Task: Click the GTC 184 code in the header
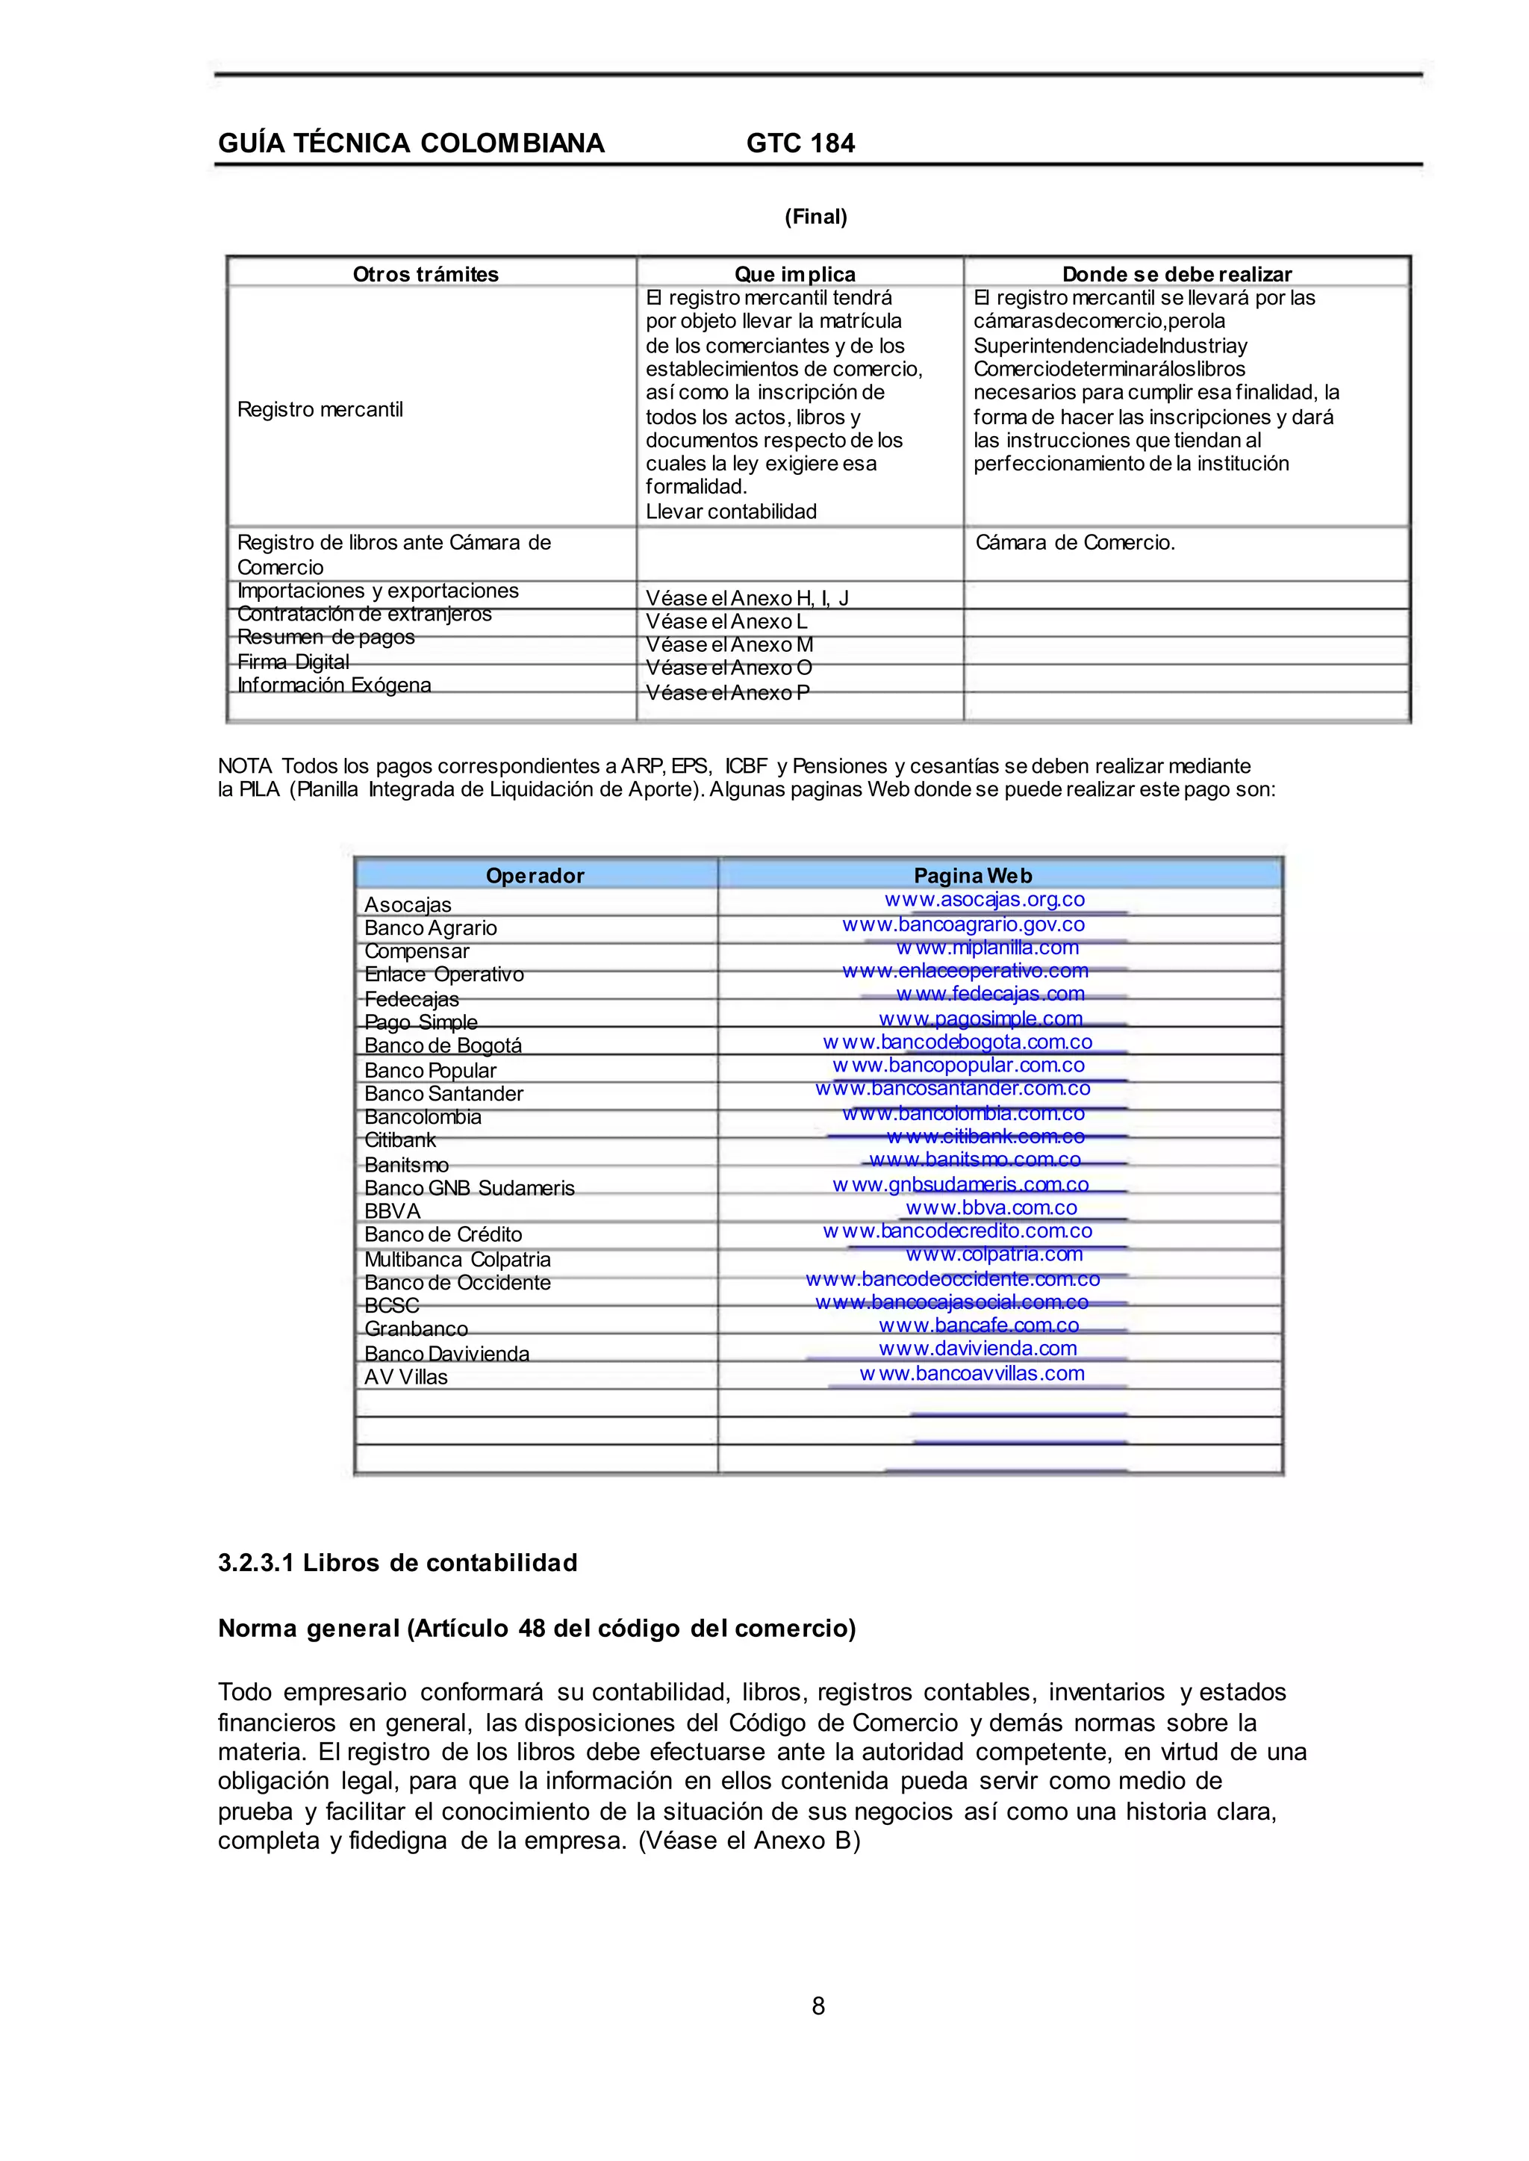tap(800, 143)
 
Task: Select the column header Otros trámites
tap(426, 274)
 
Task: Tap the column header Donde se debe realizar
tap(1176, 274)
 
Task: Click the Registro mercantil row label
tap(320, 410)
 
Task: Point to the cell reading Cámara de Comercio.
tap(1075, 542)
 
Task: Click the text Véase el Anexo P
tap(727, 693)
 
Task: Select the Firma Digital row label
tap(293, 662)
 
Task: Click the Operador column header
tap(535, 876)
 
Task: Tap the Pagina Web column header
tap(973, 876)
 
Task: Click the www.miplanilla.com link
tap(987, 948)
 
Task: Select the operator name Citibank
tap(400, 1140)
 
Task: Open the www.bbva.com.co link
tap(991, 1207)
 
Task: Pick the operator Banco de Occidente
tap(458, 1282)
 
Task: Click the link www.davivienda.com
tap(977, 1349)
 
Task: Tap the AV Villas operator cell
tap(406, 1377)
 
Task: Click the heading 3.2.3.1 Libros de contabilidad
tap(397, 1563)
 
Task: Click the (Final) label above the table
tap(815, 217)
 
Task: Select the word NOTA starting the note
tap(245, 766)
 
